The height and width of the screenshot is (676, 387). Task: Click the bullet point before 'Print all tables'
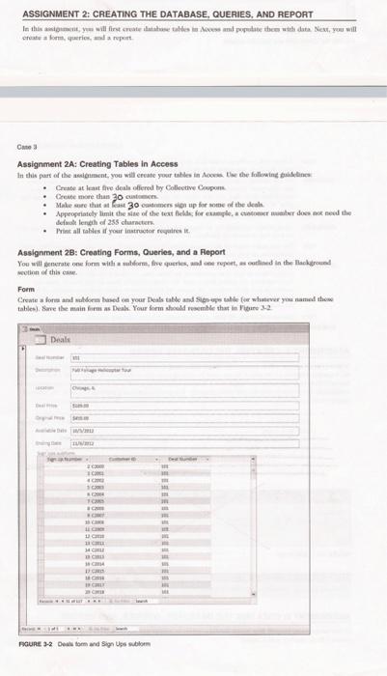(x=44, y=235)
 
